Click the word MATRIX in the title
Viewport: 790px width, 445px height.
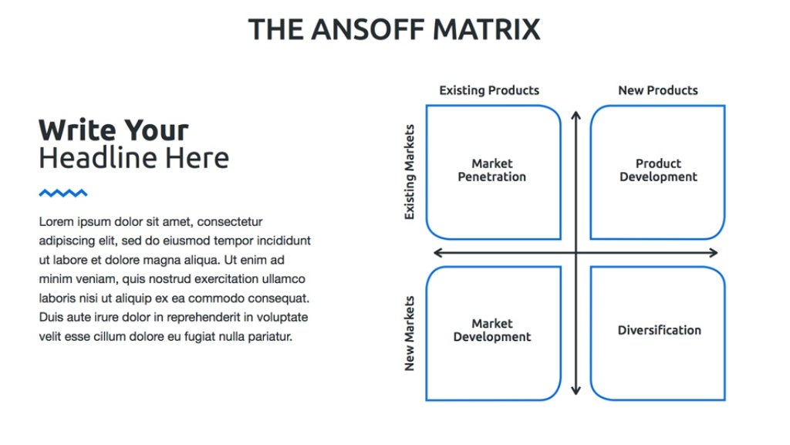coord(486,29)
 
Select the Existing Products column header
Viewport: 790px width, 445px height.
coord(489,90)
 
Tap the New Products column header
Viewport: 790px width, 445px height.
coord(657,90)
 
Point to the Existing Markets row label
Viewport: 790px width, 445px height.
coord(410,172)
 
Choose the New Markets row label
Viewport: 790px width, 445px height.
coord(410,333)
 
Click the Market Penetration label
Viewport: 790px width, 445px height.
coord(492,170)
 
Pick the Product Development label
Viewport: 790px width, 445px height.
coord(658,170)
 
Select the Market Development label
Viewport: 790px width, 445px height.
coord(492,331)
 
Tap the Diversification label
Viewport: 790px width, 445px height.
coord(660,330)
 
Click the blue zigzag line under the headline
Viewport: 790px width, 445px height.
coord(63,193)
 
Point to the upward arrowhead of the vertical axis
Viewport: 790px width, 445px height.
coord(575,116)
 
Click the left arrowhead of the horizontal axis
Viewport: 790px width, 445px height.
coord(438,253)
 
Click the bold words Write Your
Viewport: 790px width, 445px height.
coord(113,130)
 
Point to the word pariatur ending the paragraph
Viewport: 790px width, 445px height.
coord(269,336)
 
